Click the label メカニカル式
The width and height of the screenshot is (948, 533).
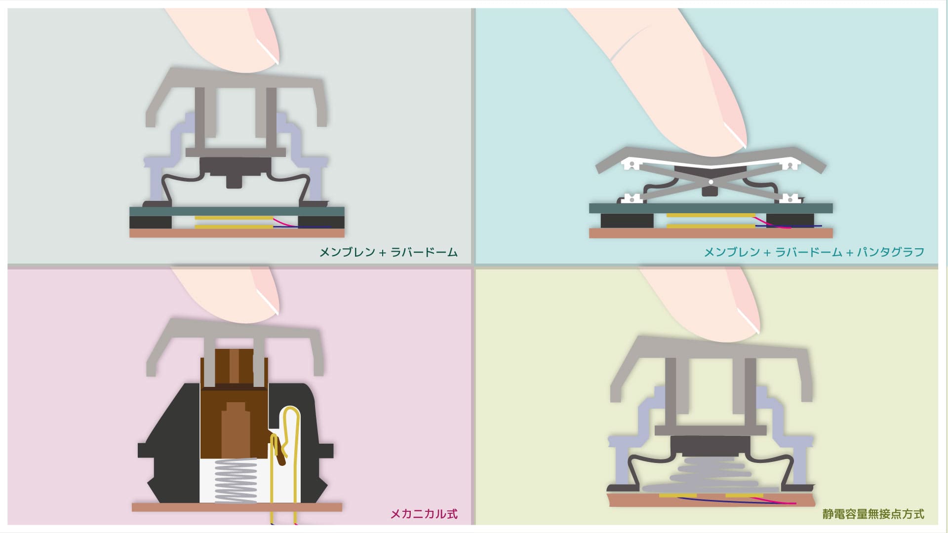[x=424, y=514]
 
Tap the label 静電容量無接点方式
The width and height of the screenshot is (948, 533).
[x=873, y=514]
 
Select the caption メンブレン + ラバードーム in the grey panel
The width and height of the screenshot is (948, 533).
[x=389, y=252]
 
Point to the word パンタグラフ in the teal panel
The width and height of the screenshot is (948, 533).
[x=890, y=252]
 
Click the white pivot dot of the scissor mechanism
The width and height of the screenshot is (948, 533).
[x=711, y=182]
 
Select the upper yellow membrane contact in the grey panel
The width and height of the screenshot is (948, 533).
[x=234, y=217]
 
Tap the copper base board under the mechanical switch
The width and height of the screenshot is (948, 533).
[x=237, y=507]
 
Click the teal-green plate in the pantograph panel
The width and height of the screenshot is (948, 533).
[x=711, y=208]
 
